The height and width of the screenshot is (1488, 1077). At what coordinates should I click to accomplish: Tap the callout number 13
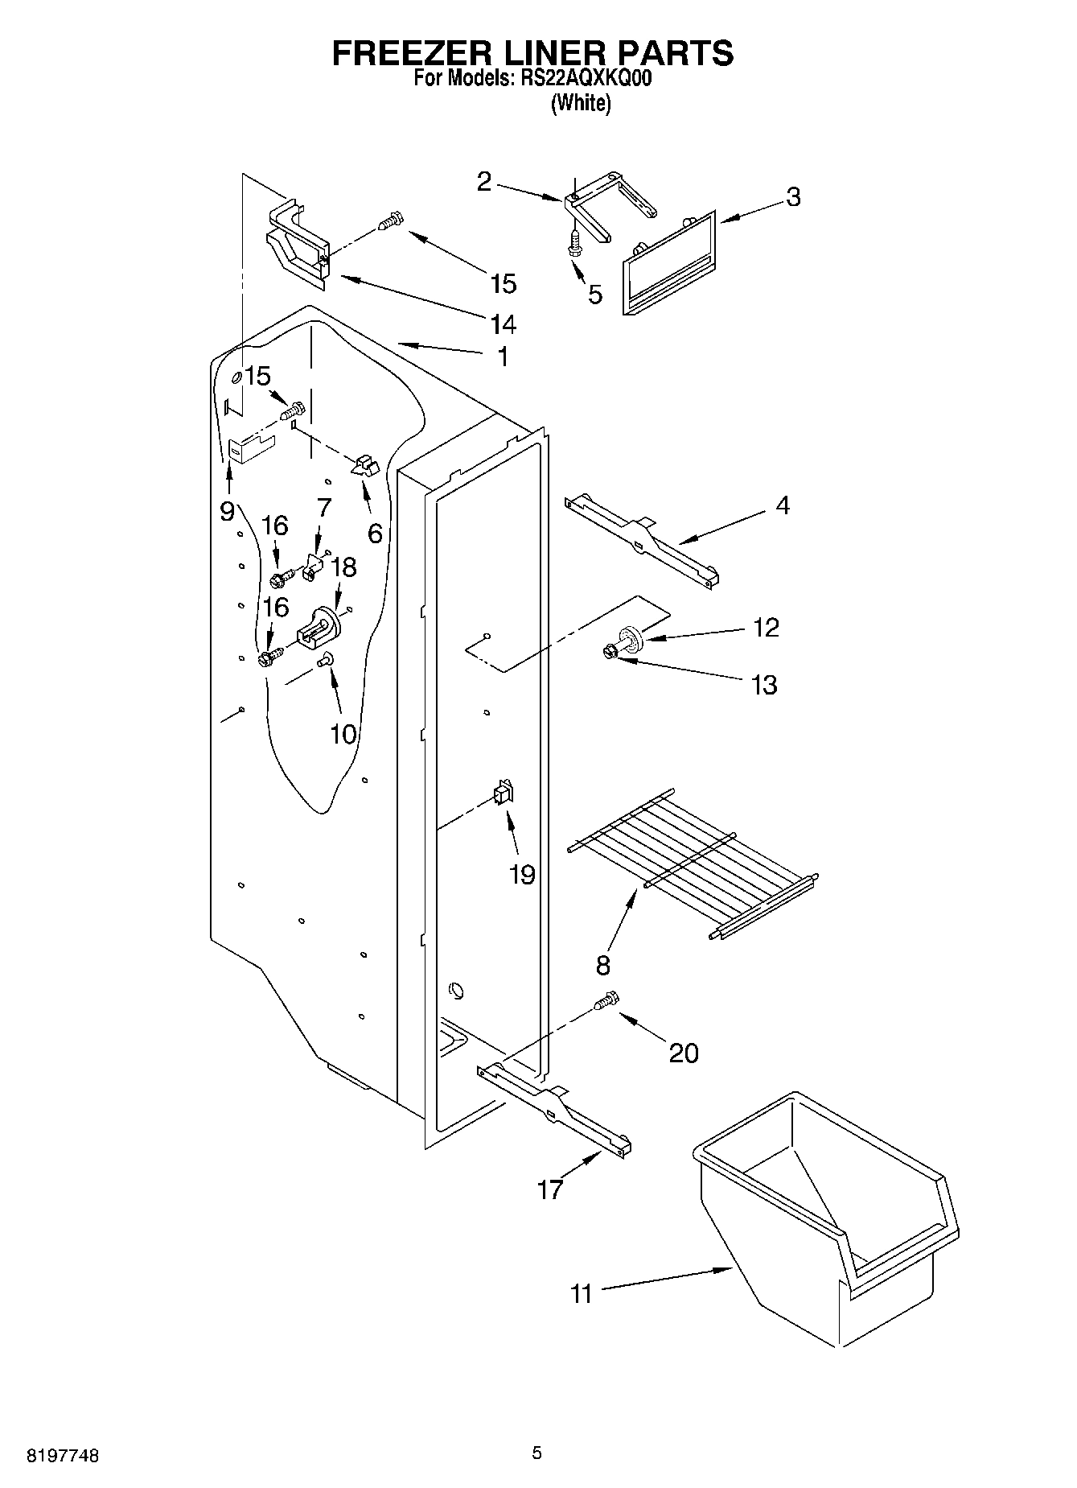[763, 685]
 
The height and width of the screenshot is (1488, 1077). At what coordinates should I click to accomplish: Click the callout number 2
[483, 183]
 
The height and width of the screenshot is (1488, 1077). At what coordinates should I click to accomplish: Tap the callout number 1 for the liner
[503, 357]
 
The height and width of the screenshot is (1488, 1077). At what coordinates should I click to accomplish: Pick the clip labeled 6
[364, 465]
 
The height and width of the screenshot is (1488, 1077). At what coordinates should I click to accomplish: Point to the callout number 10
[343, 733]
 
